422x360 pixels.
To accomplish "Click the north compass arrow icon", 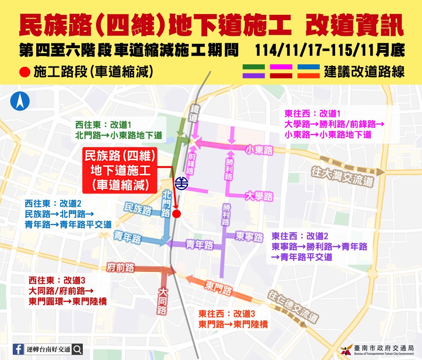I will click(20, 101).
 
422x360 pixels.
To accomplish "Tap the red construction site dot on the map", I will click(177, 214).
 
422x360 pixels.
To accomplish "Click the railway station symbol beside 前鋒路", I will click(181, 183).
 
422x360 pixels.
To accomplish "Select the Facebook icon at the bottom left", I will click(18, 349).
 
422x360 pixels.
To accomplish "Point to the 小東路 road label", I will click(259, 151).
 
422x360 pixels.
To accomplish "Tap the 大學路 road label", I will click(259, 196).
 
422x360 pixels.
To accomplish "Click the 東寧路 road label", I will click(249, 237).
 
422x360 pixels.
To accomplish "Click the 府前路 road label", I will click(121, 267).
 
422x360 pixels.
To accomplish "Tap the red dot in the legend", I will click(25, 72).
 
